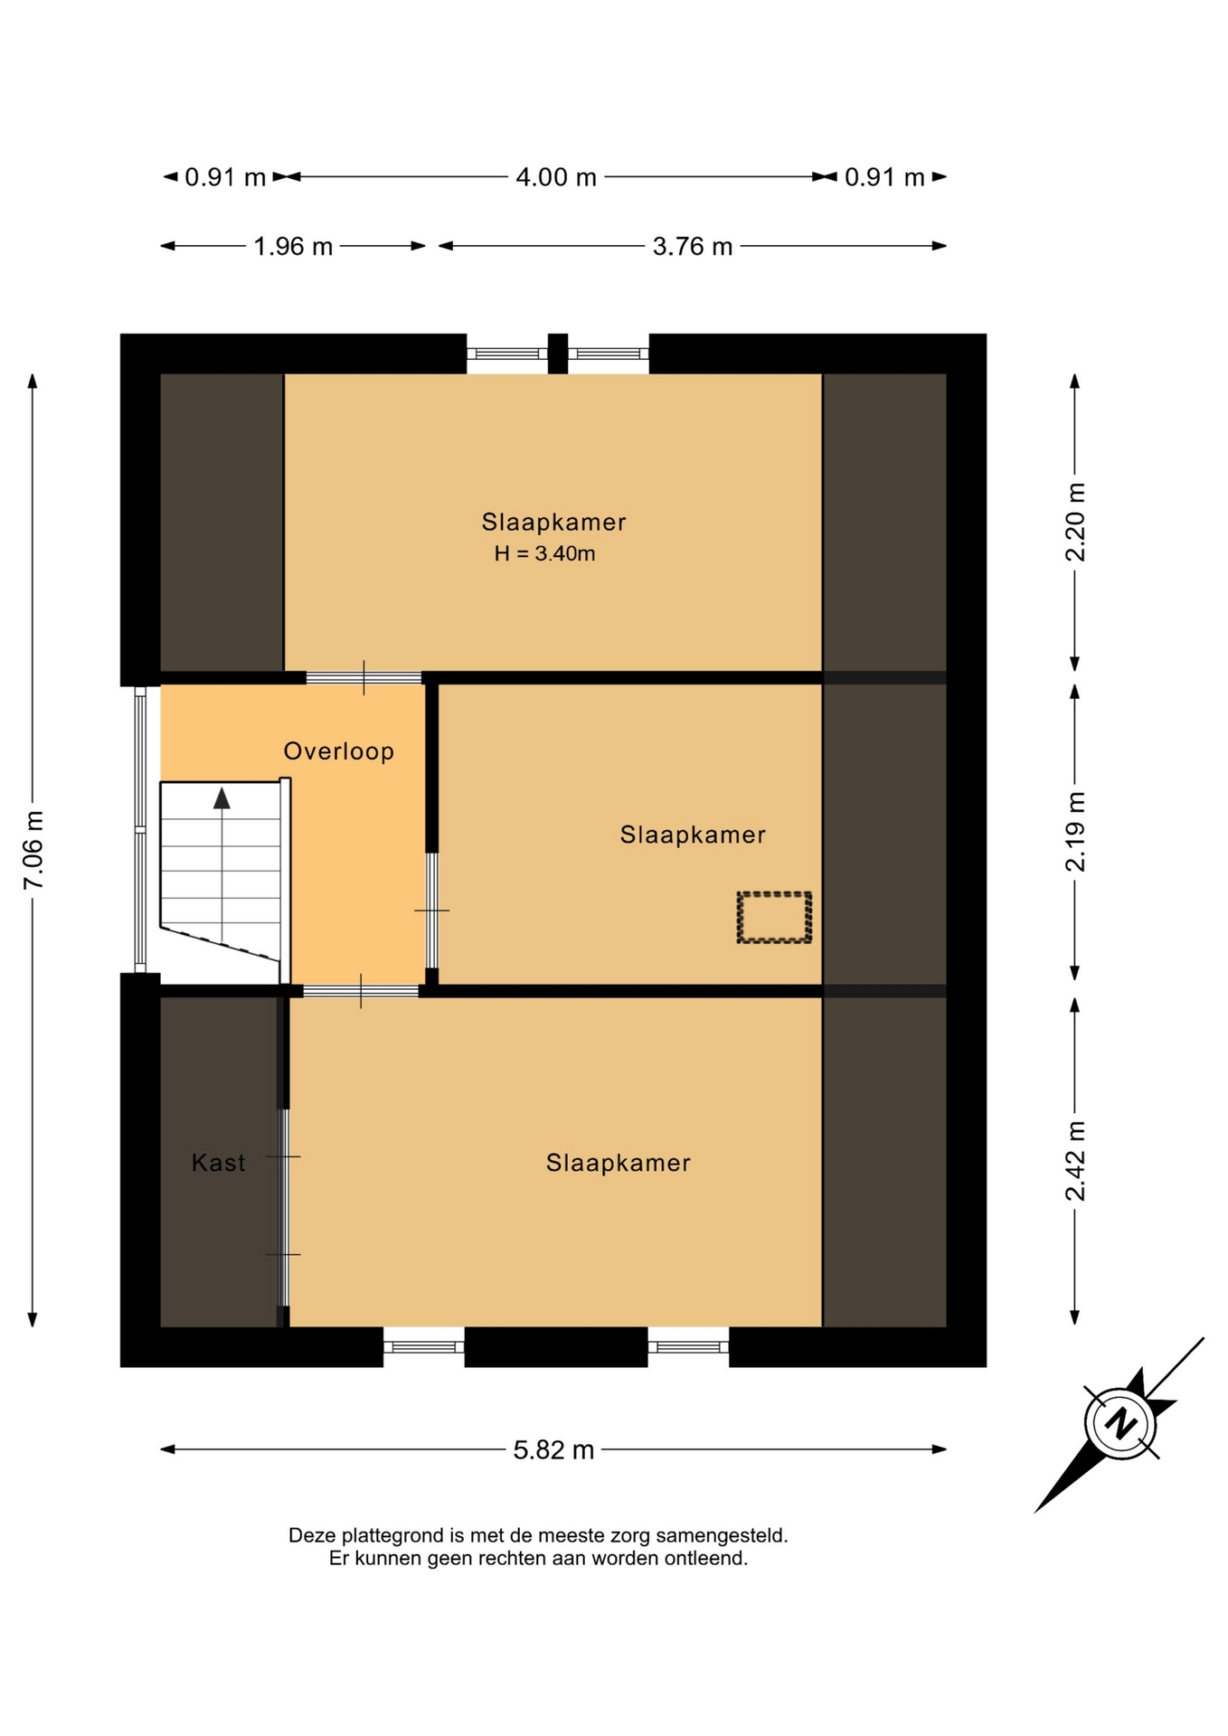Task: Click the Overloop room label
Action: point(339,751)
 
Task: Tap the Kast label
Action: point(218,1163)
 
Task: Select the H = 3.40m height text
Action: point(544,553)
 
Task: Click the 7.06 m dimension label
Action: point(33,850)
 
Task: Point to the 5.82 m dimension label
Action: point(553,1450)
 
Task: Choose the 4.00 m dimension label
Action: point(556,177)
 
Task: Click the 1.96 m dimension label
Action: point(293,246)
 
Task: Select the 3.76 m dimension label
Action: point(693,246)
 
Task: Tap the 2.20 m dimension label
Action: point(1075,523)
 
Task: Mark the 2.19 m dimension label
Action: point(1075,832)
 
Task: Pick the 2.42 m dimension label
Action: point(1075,1161)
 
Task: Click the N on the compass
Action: point(1121,1423)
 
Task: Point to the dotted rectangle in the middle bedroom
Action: point(774,918)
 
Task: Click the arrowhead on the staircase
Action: point(222,797)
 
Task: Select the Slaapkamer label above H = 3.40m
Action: point(553,523)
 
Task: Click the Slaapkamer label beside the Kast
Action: point(619,1163)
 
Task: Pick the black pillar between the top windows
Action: point(558,354)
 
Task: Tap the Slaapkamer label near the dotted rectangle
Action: point(693,835)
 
